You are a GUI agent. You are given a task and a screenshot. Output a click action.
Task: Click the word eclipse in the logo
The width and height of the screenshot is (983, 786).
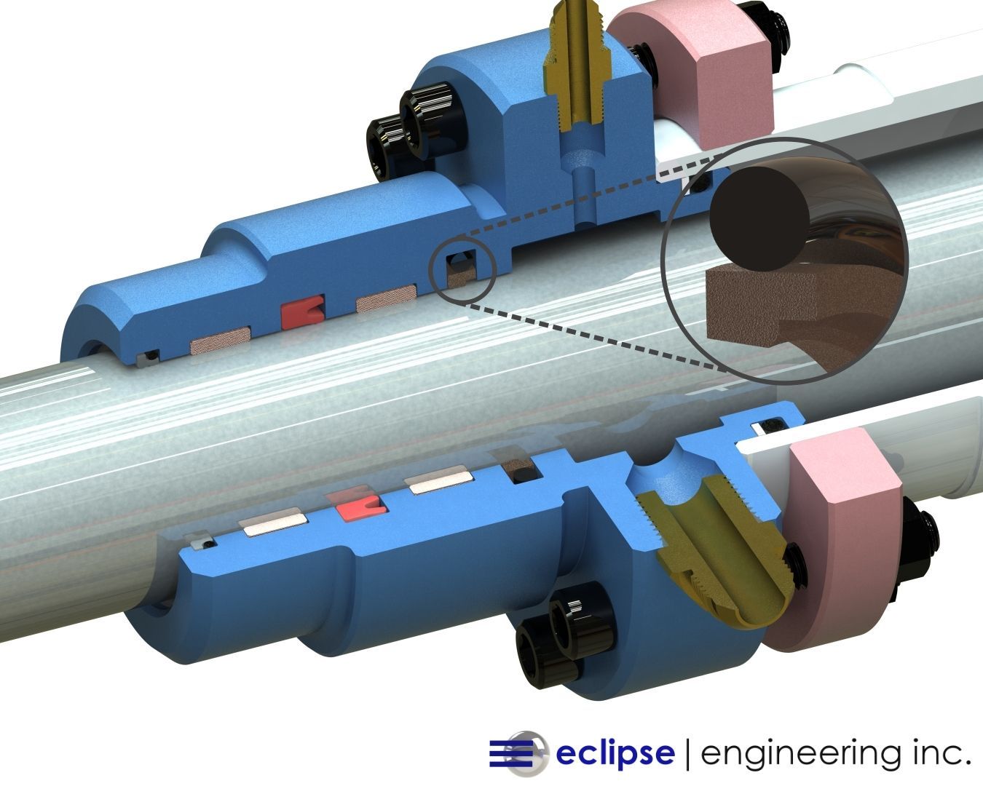[615, 753]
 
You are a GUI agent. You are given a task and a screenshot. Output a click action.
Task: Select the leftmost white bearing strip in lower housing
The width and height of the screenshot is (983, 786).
[273, 522]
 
